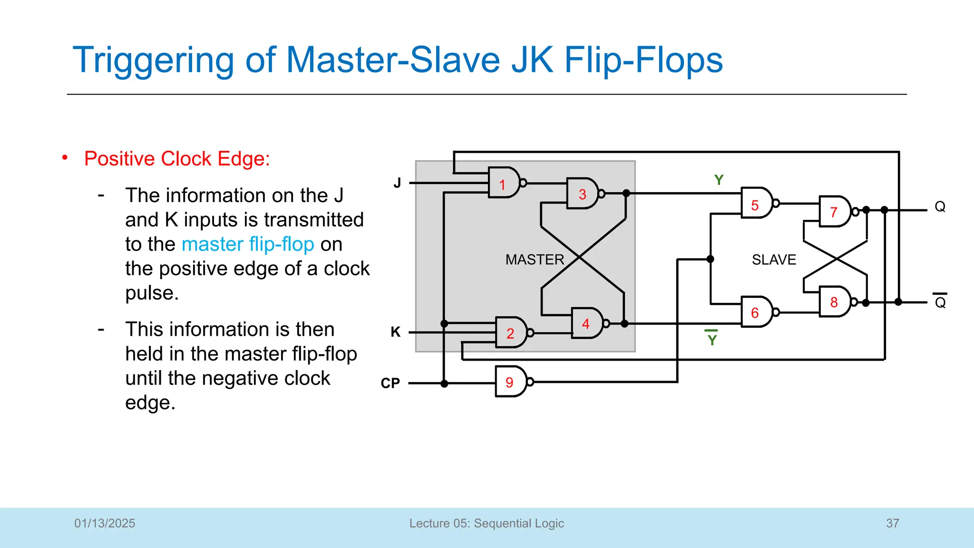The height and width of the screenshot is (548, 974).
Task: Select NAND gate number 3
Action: coord(583,194)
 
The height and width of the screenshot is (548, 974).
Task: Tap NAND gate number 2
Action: coord(511,333)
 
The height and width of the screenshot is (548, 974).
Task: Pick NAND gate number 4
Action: coord(587,323)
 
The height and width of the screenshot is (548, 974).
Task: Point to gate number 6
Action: coord(756,312)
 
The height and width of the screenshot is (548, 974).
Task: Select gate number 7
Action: coord(835,211)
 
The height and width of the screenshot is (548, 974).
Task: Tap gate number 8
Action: coord(835,302)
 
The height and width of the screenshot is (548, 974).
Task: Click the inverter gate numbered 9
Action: coord(510,382)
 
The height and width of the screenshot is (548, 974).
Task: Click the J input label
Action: coord(397,183)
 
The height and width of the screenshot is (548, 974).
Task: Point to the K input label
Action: coord(395,332)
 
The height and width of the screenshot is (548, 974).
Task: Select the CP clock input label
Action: coord(390,383)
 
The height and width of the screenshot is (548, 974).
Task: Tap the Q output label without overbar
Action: coord(940,206)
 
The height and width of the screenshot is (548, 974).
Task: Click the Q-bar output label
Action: coord(940,302)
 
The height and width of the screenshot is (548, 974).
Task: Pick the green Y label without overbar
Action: coord(719,180)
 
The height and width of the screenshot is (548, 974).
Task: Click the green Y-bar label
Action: coord(711,339)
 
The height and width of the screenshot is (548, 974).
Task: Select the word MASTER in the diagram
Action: coord(535,260)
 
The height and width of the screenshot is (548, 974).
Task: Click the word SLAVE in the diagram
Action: coord(774,260)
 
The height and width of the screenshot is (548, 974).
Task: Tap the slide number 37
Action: coord(892,523)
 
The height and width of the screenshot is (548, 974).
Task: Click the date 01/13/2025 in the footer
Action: coord(105,523)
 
